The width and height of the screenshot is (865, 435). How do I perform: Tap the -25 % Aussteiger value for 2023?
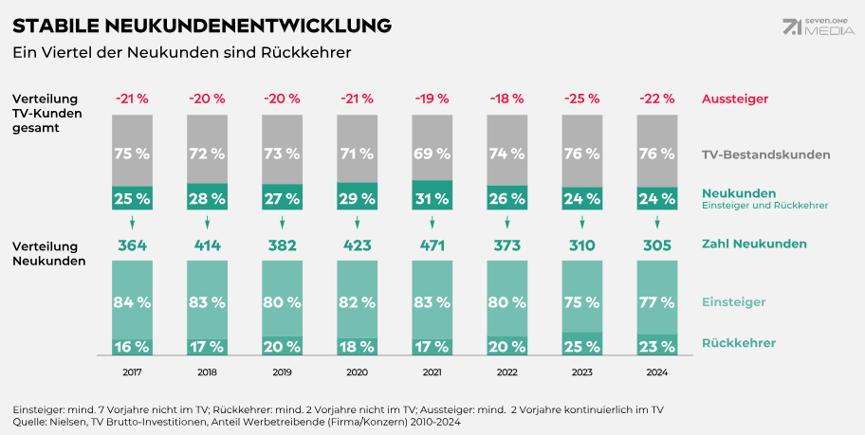click(x=581, y=99)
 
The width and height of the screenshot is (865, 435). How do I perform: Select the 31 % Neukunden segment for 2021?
click(x=432, y=197)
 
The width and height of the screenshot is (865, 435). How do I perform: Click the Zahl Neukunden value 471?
click(x=432, y=245)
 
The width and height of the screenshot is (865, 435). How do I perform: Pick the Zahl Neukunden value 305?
click(x=655, y=245)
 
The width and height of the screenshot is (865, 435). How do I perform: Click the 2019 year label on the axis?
click(x=282, y=373)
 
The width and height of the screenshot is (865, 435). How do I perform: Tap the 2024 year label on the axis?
click(x=655, y=373)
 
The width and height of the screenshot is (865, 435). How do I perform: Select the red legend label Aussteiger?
click(x=734, y=99)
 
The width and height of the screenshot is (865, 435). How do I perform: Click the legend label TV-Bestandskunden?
click(x=765, y=154)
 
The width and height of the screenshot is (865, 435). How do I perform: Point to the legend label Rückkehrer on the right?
click(x=739, y=343)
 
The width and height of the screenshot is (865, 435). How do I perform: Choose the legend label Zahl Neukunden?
click(x=754, y=244)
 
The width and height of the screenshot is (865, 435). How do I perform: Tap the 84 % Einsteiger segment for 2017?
click(x=133, y=302)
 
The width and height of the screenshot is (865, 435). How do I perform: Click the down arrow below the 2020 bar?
click(x=357, y=223)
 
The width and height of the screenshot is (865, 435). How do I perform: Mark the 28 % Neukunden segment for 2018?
click(x=207, y=198)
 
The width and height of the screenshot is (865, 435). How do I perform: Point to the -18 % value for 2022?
click(x=506, y=99)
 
